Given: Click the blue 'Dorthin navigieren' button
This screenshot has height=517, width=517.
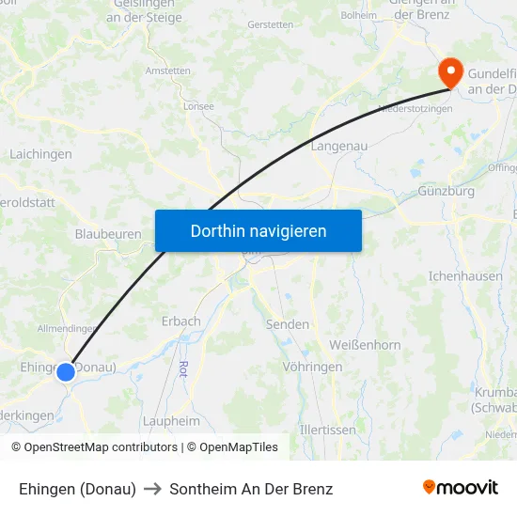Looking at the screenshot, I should pos(258,230).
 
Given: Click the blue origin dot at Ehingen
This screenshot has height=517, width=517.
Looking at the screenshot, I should pos(66,372).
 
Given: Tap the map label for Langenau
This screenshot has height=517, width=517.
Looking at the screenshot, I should pos(338,146).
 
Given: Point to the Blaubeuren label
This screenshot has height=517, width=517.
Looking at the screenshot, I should pos(108,234).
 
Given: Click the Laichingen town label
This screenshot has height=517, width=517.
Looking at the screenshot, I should pos(39,153).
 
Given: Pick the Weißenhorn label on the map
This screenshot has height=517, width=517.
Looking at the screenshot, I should pos(365,345).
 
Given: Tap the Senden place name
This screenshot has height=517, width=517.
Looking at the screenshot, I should pos(288,324).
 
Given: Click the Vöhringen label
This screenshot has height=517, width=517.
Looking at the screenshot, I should pos(312,367).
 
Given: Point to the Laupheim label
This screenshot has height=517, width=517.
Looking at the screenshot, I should pos(171,421).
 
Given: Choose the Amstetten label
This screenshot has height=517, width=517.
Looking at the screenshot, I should pos(167,70).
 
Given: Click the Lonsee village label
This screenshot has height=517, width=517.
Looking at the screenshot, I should pos(198,107).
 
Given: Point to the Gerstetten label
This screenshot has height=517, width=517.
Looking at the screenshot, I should pos(271,24).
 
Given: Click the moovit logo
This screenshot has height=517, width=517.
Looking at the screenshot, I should pos(461,488).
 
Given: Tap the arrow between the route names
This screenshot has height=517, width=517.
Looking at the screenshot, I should pos(152,489).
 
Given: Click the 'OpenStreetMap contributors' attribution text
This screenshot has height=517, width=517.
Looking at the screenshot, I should pos(101,447).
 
